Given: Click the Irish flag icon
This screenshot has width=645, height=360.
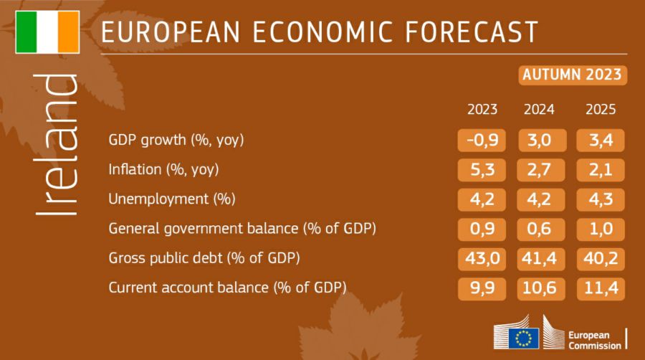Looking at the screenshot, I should (x=47, y=32).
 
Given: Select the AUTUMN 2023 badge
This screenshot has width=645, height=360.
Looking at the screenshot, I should (x=572, y=75).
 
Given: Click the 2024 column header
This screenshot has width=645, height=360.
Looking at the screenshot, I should (x=539, y=110).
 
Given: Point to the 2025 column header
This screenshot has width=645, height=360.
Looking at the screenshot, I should (x=601, y=110).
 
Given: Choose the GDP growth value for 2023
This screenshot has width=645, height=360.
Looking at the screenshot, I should (x=482, y=140).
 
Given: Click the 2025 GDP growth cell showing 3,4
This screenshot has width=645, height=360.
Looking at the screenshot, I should (x=601, y=140).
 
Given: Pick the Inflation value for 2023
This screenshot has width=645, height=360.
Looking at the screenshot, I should (x=482, y=169).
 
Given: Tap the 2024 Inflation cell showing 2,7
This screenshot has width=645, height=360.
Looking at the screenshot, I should (x=540, y=169).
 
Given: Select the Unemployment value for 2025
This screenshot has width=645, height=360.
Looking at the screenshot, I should (x=601, y=199).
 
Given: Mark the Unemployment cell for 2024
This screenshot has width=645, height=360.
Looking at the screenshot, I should (x=540, y=199).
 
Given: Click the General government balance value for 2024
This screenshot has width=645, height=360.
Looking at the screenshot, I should (x=540, y=228).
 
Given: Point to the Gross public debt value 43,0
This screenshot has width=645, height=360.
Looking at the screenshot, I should (x=482, y=257).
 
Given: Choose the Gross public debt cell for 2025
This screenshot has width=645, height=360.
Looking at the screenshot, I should (x=601, y=257).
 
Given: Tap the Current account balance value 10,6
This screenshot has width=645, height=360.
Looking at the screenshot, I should (x=540, y=288).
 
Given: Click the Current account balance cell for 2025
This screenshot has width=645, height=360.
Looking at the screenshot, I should (x=601, y=288).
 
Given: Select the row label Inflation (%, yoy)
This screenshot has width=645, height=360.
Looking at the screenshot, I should (x=163, y=170).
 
